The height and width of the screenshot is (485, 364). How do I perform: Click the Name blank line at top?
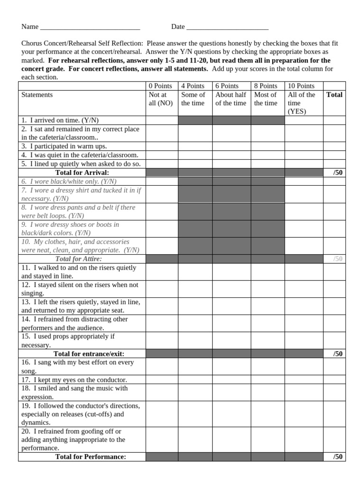pos(90,27)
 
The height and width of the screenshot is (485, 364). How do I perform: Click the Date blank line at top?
pos(227,27)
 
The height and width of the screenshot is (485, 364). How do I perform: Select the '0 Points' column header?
pos(160,86)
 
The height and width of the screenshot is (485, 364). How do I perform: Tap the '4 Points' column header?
pos(193,86)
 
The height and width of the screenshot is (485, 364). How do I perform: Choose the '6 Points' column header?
pos(227,86)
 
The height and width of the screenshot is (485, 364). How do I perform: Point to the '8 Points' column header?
pos(266,86)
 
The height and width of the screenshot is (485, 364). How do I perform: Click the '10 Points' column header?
pos(301,86)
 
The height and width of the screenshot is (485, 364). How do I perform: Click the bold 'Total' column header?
pos(334,95)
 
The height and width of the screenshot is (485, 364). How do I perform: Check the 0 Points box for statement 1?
pos(162,120)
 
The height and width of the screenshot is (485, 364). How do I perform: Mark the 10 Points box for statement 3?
pos(304,146)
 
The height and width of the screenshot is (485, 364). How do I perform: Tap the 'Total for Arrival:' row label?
pos(82,172)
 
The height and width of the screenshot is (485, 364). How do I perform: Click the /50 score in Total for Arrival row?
pos(337,172)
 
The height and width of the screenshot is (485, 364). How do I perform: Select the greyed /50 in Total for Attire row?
pos(337,259)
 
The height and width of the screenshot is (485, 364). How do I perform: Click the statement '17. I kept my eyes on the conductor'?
pos(74,380)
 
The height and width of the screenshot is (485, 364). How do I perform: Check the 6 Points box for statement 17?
pos(231,380)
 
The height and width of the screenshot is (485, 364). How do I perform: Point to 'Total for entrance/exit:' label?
pos(82,354)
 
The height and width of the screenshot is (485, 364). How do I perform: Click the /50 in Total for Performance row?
pos(337,457)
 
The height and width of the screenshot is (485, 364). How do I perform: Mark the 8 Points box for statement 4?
pos(268,155)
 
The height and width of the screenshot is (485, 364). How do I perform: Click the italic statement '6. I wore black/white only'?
pos(69,181)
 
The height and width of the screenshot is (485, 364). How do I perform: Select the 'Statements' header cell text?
pos(37,95)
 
